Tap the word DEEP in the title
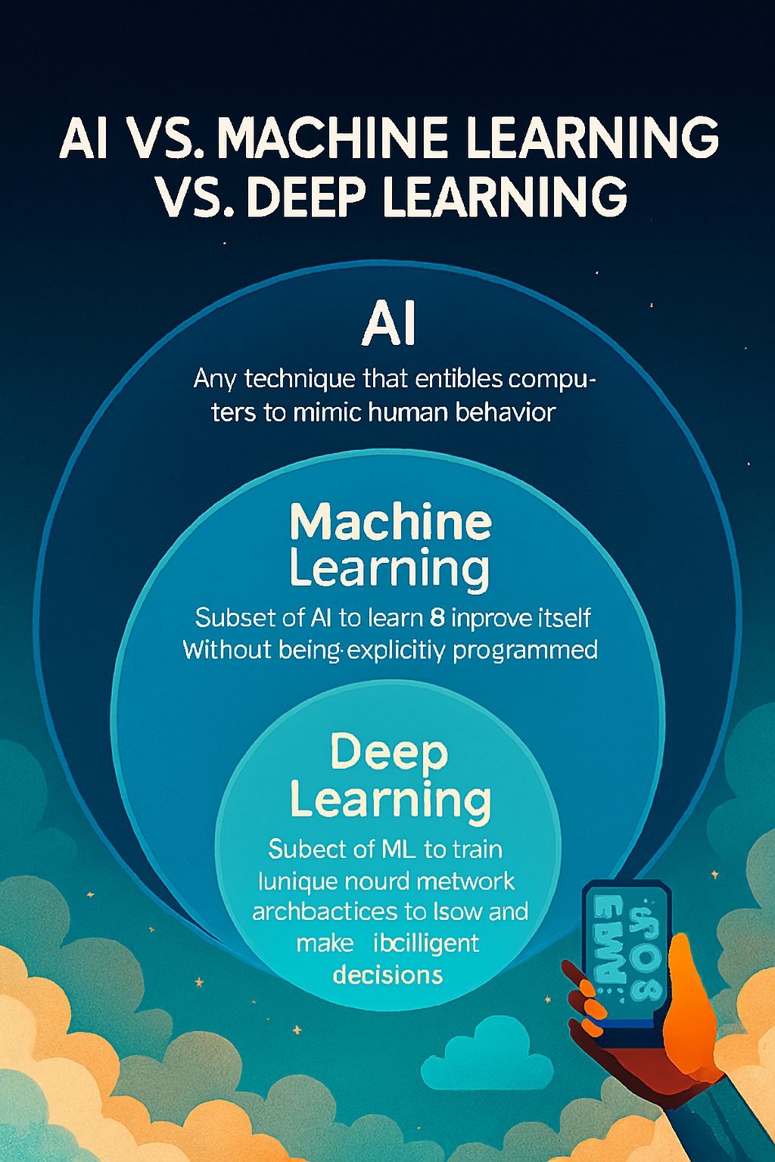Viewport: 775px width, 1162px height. tap(306, 197)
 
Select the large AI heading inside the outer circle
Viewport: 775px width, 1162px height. tap(389, 324)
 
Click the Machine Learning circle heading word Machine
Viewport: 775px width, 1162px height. tap(391, 522)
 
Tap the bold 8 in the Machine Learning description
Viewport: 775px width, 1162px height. tap(437, 618)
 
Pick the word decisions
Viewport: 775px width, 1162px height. tap(387, 974)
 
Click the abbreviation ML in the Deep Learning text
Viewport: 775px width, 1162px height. tap(400, 850)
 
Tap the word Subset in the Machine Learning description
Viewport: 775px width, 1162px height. tap(224, 618)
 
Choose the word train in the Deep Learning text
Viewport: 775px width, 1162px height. tap(478, 850)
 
